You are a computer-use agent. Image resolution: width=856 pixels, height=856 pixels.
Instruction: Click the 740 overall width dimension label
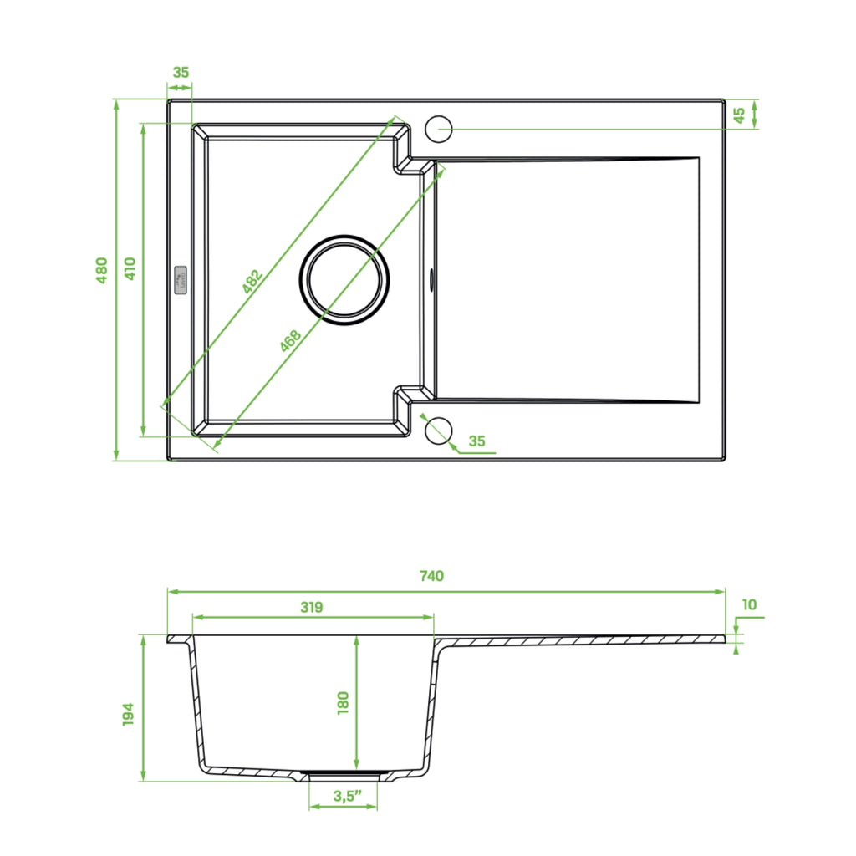(x=431, y=576)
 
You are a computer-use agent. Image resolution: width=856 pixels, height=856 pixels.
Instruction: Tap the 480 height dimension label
(x=101, y=270)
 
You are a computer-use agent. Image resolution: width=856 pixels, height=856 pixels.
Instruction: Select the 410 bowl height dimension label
(x=130, y=268)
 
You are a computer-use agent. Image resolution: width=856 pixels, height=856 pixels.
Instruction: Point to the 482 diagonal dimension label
(x=252, y=281)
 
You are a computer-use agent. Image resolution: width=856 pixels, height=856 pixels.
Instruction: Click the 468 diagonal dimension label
(x=290, y=341)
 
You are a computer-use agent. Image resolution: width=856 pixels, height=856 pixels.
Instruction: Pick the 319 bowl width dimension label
(x=311, y=607)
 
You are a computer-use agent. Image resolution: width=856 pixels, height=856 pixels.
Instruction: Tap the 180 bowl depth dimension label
(x=343, y=703)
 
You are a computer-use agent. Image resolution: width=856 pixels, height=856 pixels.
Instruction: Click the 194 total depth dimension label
(x=128, y=714)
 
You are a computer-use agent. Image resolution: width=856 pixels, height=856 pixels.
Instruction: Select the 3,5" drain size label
(x=348, y=796)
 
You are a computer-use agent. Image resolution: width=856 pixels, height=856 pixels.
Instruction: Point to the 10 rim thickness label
(x=750, y=605)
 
